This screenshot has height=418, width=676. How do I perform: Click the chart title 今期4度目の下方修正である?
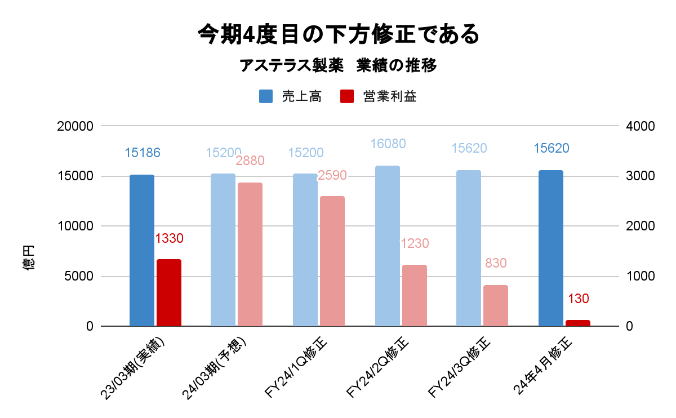coord(338,34)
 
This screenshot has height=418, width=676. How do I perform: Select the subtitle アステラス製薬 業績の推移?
coord(338,66)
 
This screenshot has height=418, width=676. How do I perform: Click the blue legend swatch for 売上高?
coord(266,96)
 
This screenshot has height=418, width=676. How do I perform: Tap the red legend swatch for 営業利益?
coord(347,96)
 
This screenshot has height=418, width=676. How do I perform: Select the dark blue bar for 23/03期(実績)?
coord(142,251)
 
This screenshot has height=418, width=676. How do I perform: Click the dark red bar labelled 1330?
coord(169,293)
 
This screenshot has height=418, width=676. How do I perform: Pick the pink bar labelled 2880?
coord(250,255)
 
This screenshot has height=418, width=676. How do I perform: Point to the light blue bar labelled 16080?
coord(388,246)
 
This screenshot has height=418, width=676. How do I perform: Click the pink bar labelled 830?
coord(496,306)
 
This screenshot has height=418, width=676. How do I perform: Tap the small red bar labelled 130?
coord(578,323)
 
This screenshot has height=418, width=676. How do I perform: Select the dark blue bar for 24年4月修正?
coord(551,248)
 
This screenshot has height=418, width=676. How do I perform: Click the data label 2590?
coord(332,175)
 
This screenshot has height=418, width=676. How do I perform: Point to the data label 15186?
coord(143,152)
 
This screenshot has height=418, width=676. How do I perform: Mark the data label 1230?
coord(415,243)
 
